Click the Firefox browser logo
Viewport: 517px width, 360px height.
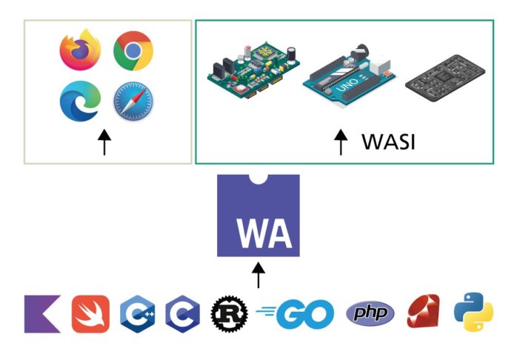click(80, 50)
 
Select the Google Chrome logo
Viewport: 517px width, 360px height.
click(133, 50)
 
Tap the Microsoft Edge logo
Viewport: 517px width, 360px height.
click(80, 101)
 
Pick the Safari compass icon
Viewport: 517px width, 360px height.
click(133, 101)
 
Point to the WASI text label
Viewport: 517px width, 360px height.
click(388, 141)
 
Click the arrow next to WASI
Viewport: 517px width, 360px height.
click(341, 141)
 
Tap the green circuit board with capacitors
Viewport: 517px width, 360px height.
click(253, 70)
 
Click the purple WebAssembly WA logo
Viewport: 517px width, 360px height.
click(258, 216)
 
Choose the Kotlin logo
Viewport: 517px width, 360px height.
click(42, 314)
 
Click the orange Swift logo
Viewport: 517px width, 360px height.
click(90, 314)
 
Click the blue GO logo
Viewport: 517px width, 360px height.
click(295, 314)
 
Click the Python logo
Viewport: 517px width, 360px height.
click(474, 313)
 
